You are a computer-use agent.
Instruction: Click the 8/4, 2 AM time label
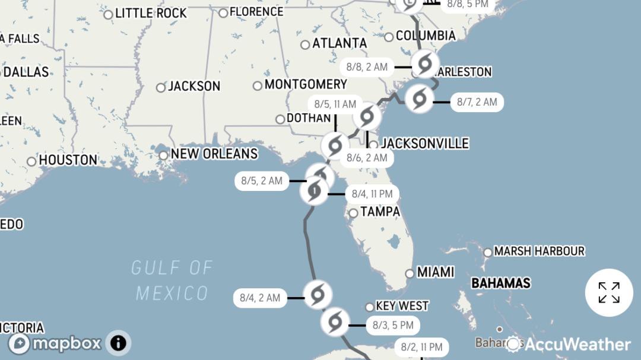(260, 298)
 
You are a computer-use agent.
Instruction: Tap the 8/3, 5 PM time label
(393, 325)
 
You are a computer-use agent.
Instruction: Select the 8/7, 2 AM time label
(477, 102)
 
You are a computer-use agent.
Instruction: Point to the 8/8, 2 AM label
(367, 67)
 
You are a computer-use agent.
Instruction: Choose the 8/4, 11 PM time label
(372, 193)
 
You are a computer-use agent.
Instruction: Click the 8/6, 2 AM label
(367, 158)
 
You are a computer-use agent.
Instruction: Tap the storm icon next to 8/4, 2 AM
(317, 294)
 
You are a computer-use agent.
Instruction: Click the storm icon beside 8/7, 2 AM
(419, 98)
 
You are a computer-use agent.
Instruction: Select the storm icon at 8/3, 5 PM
(335, 322)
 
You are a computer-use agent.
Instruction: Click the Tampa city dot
(353, 213)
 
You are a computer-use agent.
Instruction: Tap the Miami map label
(435, 272)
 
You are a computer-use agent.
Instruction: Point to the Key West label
(402, 306)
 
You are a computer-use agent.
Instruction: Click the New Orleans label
(214, 154)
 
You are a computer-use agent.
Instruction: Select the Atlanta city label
(339, 43)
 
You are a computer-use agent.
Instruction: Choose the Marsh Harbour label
(539, 251)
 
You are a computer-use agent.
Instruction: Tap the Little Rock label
(151, 13)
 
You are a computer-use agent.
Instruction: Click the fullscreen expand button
(609, 292)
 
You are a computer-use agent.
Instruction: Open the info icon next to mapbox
(118, 342)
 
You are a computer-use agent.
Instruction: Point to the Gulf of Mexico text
(172, 280)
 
